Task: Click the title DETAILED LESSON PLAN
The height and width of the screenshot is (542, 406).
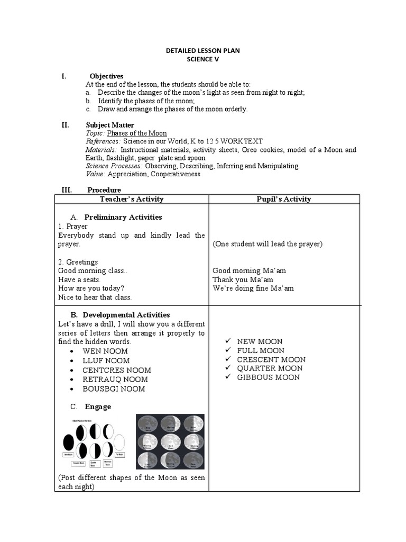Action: tap(202, 51)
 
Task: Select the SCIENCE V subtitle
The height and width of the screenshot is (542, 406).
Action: tap(202, 60)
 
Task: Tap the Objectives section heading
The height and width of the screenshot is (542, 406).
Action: tap(106, 76)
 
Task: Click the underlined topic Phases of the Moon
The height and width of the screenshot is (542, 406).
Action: tap(137, 133)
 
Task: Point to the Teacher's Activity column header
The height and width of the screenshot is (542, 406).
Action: tap(132, 199)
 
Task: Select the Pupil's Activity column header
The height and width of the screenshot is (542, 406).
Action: tap(284, 199)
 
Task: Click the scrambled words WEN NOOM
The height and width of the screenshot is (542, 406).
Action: tap(105, 351)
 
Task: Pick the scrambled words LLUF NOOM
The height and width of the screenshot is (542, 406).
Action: tap(106, 360)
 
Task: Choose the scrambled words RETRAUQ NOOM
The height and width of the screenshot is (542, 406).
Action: tap(115, 379)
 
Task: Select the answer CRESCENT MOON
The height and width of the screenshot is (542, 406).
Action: tap(271, 359)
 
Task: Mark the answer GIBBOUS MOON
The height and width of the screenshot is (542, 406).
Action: tap(268, 377)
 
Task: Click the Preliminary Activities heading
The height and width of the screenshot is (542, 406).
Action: tap(123, 217)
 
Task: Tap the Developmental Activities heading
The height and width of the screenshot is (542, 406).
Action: tap(127, 314)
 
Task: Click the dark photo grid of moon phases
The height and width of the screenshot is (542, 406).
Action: tap(170, 442)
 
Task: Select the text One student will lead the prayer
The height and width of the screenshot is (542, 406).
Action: tap(267, 244)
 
